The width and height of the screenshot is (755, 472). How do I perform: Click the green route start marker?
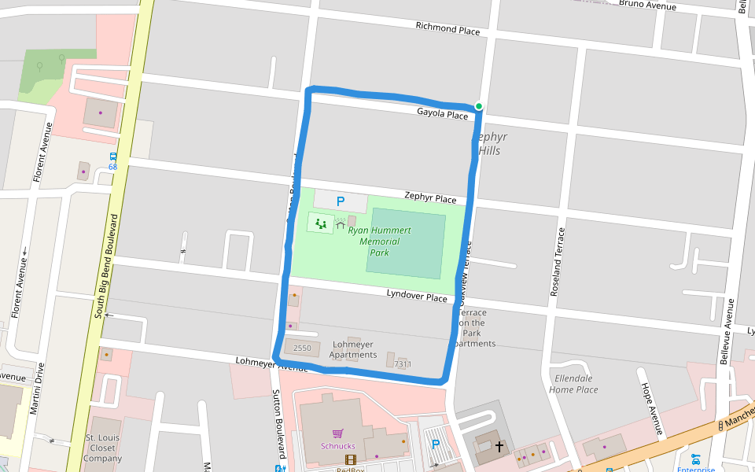click(478, 106)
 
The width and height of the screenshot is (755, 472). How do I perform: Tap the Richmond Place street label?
click(447, 29)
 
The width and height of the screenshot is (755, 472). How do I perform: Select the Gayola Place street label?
click(442, 114)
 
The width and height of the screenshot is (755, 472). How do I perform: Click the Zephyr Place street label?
click(430, 197)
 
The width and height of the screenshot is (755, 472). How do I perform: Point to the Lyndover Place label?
click(416, 295)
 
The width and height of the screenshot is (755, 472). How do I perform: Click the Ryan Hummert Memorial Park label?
click(379, 242)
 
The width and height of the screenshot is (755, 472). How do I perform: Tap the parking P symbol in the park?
click(341, 201)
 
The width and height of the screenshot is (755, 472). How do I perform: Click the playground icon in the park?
click(320, 223)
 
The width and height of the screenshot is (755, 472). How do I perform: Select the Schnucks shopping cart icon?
click(338, 433)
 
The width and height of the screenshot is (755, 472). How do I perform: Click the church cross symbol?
click(499, 446)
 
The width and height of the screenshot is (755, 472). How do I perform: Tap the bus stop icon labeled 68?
click(112, 157)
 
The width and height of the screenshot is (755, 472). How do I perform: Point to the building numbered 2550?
click(302, 348)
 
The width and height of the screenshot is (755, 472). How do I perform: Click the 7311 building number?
click(403, 364)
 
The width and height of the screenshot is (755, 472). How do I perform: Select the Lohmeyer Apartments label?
click(353, 349)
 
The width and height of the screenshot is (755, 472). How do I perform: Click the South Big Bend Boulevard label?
click(106, 265)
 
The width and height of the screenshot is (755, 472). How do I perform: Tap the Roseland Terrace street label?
click(558, 262)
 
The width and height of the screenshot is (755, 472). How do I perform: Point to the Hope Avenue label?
click(650, 410)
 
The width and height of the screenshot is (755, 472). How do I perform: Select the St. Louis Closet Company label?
click(102, 448)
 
